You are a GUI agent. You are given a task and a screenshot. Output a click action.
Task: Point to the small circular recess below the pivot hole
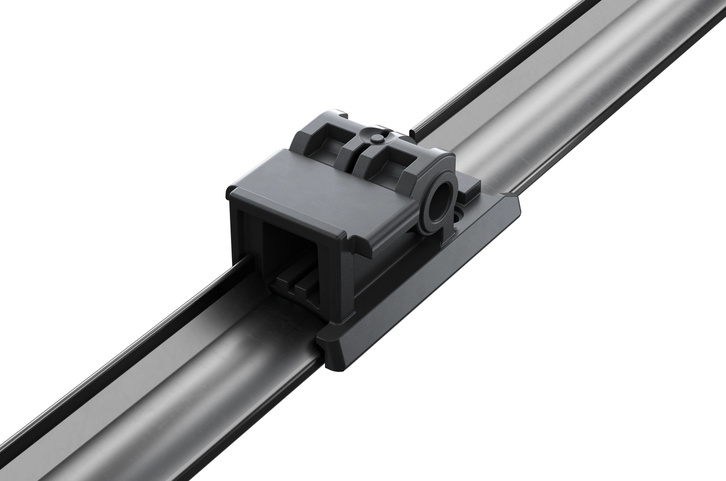coord(459,216)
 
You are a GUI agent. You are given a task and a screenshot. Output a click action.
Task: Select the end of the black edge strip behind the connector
coord(412,133)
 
